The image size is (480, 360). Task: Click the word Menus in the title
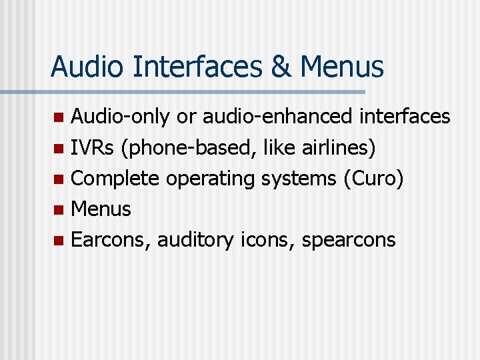click(x=342, y=67)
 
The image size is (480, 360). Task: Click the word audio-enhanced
click(x=277, y=117)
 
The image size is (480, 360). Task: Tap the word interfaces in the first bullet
click(x=405, y=117)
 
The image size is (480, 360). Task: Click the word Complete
click(x=115, y=179)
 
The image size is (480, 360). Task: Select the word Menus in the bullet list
click(x=101, y=209)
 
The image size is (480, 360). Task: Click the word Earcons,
click(x=111, y=240)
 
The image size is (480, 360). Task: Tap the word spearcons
click(x=349, y=240)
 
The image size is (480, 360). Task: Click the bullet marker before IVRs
click(x=59, y=148)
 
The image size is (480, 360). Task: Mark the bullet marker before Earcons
click(x=59, y=240)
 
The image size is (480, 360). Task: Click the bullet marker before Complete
click(x=59, y=179)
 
